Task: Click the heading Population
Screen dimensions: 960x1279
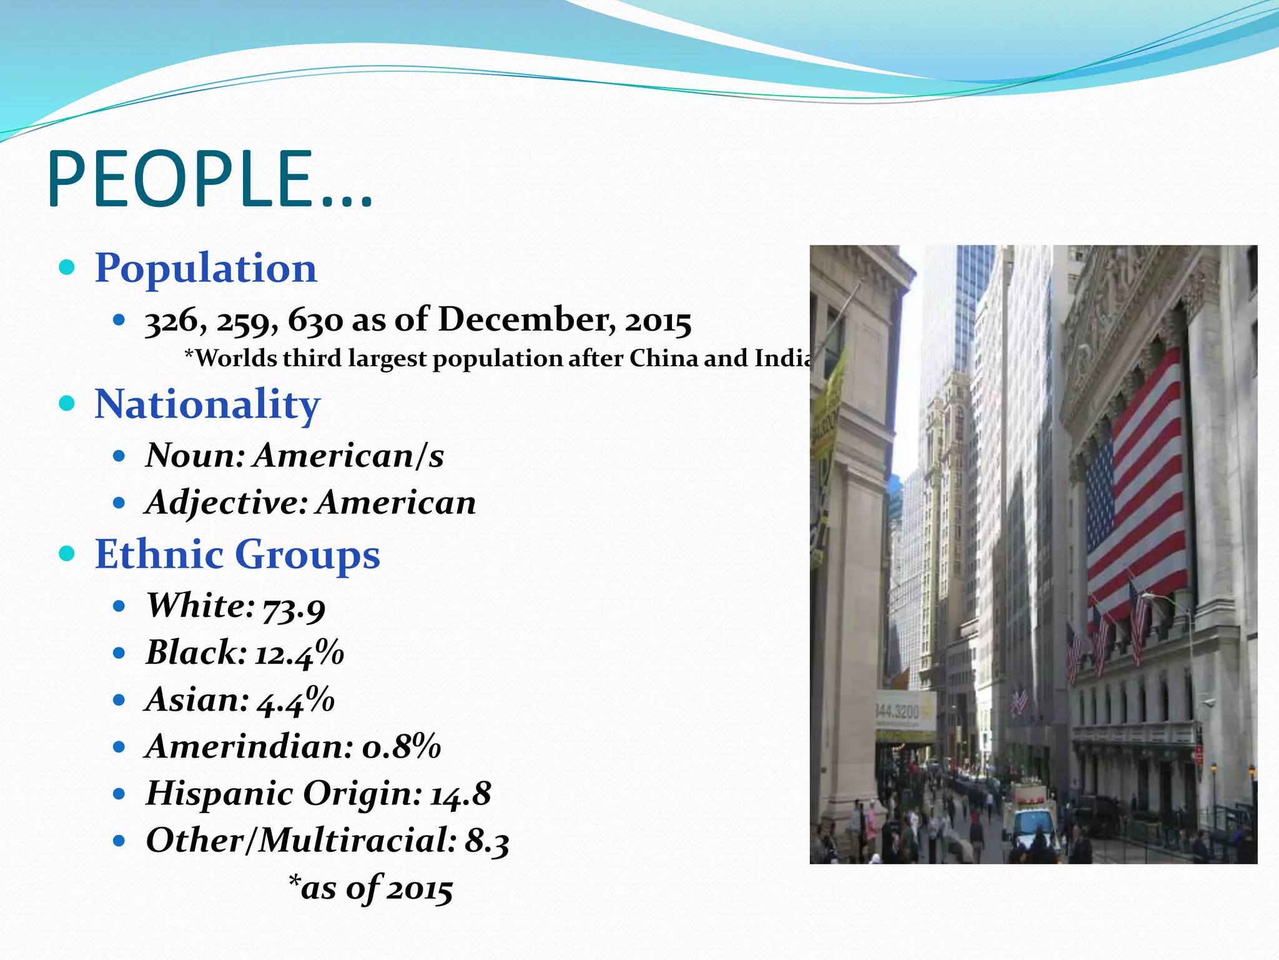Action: click(x=205, y=269)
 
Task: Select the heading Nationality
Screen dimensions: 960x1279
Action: click(x=207, y=404)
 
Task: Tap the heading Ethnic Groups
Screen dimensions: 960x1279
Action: click(x=237, y=554)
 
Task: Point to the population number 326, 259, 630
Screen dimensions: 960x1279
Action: click(x=244, y=321)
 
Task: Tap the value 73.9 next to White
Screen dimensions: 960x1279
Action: click(x=294, y=608)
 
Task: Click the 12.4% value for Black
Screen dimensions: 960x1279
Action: click(x=300, y=654)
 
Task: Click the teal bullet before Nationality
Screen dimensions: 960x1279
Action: click(x=67, y=404)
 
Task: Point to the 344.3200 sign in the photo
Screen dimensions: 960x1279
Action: click(x=897, y=712)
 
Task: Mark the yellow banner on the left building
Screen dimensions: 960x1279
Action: click(x=827, y=406)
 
